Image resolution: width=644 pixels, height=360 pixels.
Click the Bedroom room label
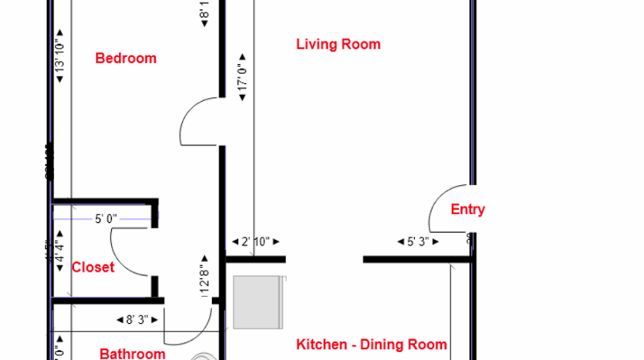125,58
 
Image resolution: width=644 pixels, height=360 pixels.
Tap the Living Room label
338,44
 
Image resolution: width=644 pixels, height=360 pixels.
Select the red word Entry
467,209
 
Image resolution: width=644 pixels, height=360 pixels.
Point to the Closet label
93,267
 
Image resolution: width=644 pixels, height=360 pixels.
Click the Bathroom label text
133,354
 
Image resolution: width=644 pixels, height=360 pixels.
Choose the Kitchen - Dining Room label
372,345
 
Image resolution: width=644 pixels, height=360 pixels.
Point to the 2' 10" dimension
255,241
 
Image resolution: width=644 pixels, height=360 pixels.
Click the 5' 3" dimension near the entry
417,241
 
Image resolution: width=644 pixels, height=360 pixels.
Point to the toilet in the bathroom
204,355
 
